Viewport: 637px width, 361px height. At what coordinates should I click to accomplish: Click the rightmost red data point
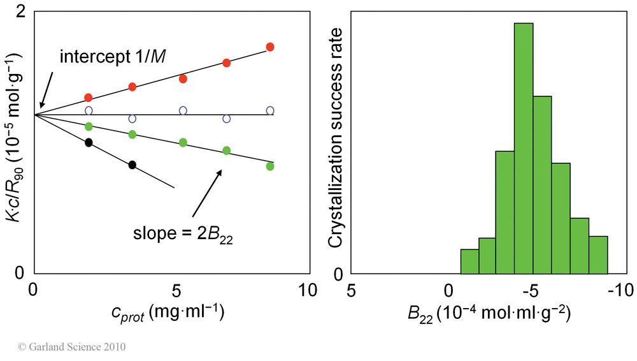tap(270, 47)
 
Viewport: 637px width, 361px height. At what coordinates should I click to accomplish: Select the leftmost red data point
tap(89, 98)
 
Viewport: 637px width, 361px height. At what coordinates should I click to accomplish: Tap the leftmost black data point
tap(89, 142)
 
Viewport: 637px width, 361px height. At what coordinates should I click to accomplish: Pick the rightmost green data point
tap(270, 166)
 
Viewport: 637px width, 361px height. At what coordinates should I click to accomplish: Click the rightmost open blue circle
tap(270, 111)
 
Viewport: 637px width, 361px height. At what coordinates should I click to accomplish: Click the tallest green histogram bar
tap(524, 148)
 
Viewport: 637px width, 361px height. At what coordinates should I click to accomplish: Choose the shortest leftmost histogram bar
tap(469, 262)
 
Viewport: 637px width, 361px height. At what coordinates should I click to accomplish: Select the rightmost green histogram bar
tap(598, 255)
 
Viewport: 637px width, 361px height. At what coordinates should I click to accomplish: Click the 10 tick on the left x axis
tap(307, 290)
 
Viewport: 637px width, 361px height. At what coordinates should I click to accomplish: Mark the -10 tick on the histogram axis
tap(617, 290)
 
